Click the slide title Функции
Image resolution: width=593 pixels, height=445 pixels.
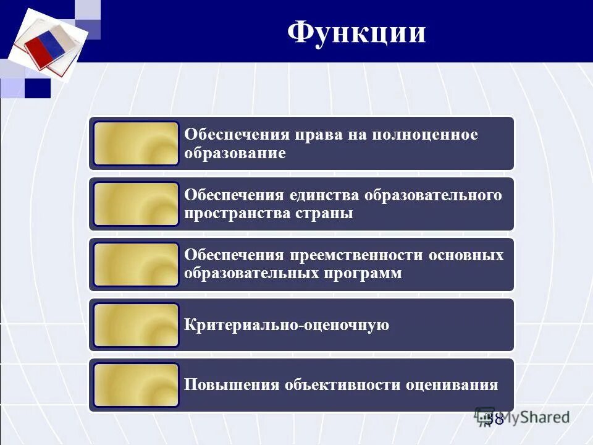356,32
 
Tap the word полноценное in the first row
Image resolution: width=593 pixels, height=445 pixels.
424,135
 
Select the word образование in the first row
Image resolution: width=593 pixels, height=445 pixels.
235,153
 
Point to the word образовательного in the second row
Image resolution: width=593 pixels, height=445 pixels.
433,195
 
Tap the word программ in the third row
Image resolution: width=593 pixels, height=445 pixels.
363,273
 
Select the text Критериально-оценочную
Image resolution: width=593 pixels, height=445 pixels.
287,325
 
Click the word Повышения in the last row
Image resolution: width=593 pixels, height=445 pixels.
232,385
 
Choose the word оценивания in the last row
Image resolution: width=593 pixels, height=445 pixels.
452,385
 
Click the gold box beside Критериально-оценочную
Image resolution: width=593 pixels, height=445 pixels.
137,325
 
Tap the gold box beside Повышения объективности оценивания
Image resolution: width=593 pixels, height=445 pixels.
137,385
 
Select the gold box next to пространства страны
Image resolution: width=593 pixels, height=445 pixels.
137,204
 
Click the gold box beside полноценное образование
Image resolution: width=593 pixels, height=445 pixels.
137,143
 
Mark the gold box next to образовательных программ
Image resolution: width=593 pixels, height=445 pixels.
137,265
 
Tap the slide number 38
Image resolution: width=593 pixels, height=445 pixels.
494,419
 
